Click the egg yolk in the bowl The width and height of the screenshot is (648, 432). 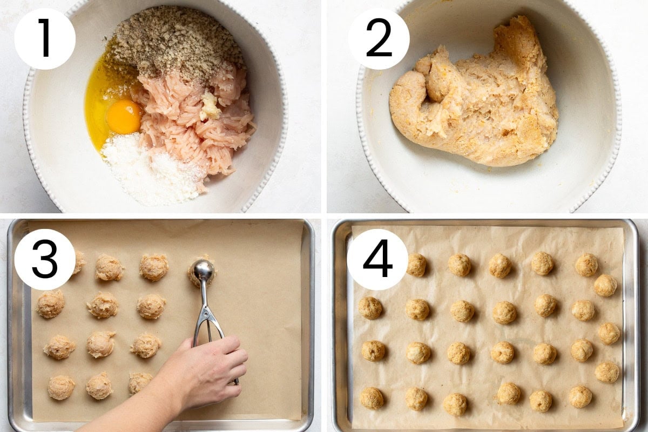[124, 117]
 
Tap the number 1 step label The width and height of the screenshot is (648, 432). [45, 38]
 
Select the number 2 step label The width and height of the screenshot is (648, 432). [379, 38]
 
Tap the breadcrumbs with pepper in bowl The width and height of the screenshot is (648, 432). [177, 40]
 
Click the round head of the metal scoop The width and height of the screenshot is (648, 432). [204, 270]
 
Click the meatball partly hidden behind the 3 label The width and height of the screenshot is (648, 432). [79, 262]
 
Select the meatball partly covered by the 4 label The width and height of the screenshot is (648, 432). [416, 265]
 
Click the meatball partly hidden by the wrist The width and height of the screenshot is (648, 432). [140, 382]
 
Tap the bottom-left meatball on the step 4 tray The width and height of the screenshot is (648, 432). [372, 398]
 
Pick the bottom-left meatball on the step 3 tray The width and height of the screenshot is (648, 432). [61, 388]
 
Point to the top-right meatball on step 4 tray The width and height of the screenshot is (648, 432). [586, 265]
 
